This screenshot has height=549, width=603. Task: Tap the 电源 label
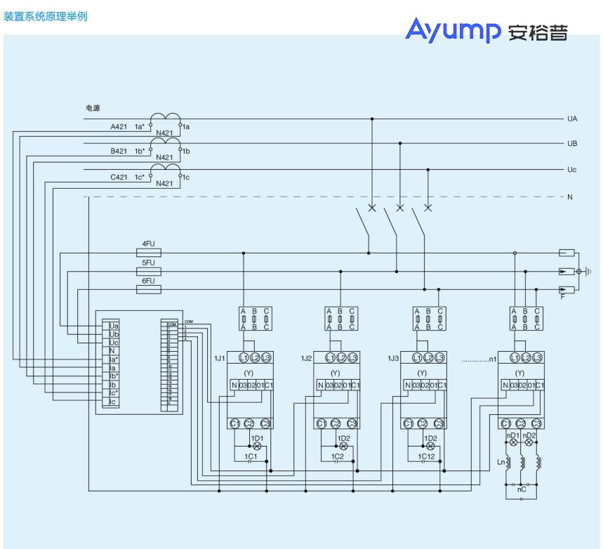93,108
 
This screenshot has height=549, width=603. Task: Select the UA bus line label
572,119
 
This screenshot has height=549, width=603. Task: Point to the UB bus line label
572,144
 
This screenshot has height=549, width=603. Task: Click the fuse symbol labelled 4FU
148,253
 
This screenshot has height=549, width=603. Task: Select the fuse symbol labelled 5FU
148,271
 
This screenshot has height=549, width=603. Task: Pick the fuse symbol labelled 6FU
148,289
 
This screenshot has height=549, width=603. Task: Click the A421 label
119,127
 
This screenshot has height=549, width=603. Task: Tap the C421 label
119,178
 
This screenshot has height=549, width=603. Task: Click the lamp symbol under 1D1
256,447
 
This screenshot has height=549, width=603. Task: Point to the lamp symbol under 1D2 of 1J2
343,447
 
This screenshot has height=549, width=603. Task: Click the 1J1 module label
220,358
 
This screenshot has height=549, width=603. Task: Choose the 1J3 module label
393,358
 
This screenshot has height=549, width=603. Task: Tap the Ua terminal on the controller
114,326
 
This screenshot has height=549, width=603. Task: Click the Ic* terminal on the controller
114,393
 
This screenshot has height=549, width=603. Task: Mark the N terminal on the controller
112,351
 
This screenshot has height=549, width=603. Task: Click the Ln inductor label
501,462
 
